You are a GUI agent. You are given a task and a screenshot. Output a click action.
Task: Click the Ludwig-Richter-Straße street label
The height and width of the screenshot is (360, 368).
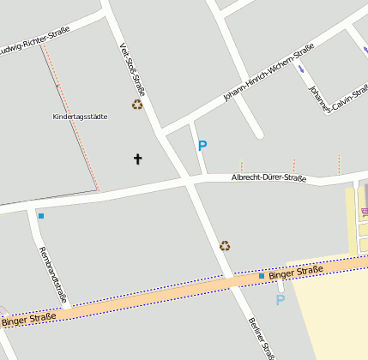point(39,37)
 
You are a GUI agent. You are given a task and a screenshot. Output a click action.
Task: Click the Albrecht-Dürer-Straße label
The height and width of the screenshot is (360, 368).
point(268,178)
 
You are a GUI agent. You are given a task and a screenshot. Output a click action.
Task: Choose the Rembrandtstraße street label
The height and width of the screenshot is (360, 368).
point(51,273)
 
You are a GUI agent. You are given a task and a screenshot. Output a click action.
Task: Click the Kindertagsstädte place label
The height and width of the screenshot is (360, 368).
point(80,117)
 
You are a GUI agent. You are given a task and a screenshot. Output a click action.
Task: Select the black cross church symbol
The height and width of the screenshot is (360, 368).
point(137,159)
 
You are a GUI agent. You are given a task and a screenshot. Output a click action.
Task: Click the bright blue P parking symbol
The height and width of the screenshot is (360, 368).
point(202,146)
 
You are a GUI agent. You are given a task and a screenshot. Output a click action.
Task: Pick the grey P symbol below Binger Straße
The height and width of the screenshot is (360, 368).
point(280,300)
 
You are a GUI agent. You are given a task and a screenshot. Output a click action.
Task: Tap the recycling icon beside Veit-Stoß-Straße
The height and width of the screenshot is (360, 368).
point(137,105)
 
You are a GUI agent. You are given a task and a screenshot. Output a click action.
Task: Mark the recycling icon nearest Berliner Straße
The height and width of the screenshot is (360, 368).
point(225,246)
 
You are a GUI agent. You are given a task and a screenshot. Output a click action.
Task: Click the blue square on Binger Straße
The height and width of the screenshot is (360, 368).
point(262,276)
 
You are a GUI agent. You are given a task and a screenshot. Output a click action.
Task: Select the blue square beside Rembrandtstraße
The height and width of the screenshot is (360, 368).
point(40,216)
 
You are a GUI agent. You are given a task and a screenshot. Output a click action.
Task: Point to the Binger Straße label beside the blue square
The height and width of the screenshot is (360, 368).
point(296,273)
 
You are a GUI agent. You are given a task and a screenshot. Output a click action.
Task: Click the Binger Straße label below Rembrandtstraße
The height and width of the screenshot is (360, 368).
point(29,320)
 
